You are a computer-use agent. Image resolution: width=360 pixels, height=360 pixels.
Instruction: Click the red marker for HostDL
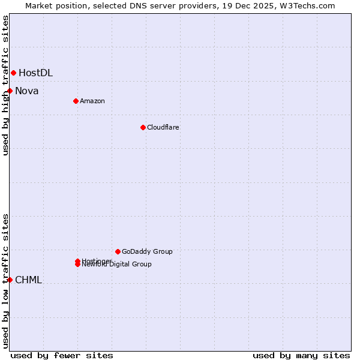(x=13, y=73)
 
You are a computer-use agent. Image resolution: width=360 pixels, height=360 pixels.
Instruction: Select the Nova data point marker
(x=10, y=91)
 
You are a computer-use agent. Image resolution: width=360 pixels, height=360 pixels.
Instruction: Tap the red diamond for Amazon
(x=76, y=101)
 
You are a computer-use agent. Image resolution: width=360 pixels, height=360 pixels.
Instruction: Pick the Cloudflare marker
(x=143, y=127)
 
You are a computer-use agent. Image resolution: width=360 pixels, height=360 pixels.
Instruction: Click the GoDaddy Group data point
(x=118, y=251)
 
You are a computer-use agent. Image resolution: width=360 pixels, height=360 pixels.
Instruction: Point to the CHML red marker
(x=10, y=280)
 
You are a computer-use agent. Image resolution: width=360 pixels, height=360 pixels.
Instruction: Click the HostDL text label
(x=35, y=73)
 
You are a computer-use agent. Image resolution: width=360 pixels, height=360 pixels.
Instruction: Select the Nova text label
(x=27, y=91)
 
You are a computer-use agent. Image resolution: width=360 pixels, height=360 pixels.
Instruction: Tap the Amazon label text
(x=92, y=101)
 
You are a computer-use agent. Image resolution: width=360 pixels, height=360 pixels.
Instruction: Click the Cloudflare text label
(x=163, y=127)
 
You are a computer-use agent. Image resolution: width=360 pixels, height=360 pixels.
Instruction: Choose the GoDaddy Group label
(x=147, y=251)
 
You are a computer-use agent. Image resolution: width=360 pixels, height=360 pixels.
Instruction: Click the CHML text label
(x=28, y=280)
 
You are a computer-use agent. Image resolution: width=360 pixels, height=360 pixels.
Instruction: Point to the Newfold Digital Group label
(x=117, y=265)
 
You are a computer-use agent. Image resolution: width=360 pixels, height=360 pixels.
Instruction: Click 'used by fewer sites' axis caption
(x=62, y=355)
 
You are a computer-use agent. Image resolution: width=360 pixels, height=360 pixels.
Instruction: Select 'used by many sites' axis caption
(x=301, y=355)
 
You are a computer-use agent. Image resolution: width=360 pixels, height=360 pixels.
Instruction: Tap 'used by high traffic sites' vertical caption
(x=6, y=85)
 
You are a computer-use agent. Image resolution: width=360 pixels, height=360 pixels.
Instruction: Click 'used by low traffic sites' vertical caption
(x=6, y=281)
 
